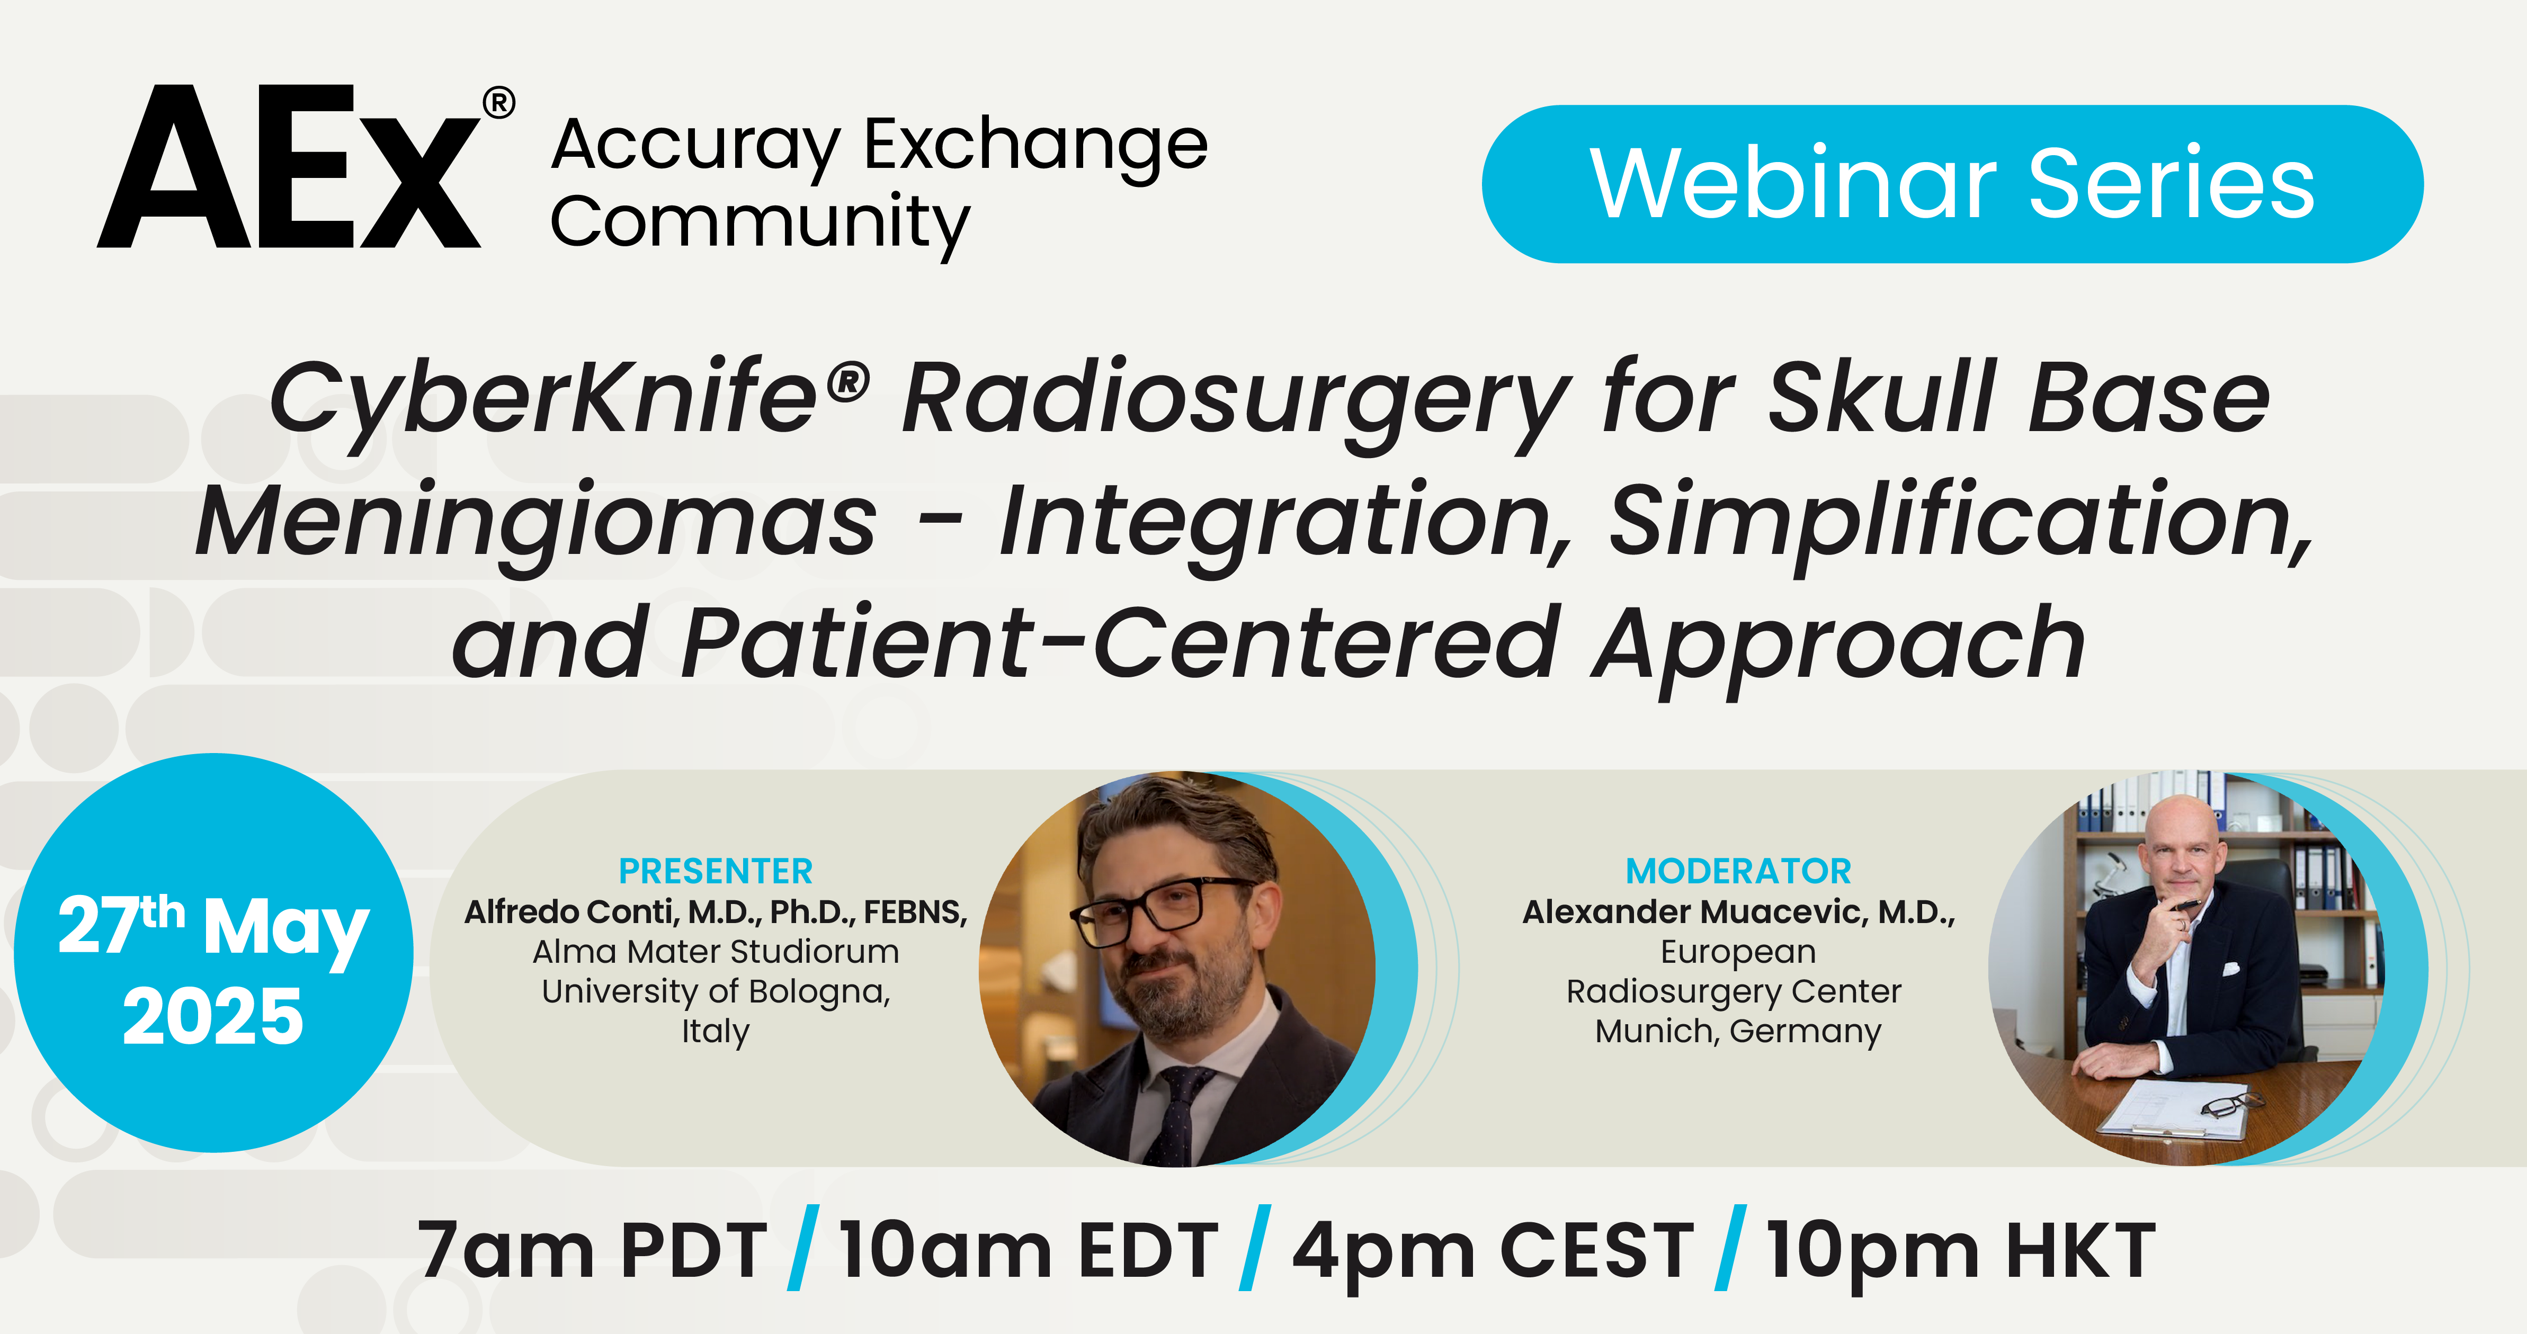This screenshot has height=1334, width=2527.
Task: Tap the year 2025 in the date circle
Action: click(213, 1016)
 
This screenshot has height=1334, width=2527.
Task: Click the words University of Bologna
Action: click(715, 992)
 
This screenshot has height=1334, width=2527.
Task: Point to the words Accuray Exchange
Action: click(879, 145)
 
